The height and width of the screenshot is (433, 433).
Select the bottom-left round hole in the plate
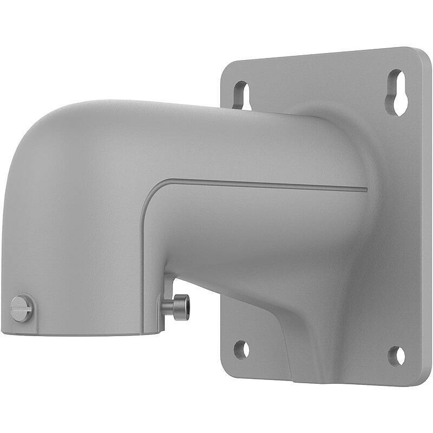pyautogui.click(x=241, y=349)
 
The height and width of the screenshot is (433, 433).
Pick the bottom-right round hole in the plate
pyautogui.click(x=397, y=356)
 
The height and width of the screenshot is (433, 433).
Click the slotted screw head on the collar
pyautogui.click(x=21, y=309)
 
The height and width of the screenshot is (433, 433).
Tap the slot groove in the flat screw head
pyautogui.click(x=21, y=309)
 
